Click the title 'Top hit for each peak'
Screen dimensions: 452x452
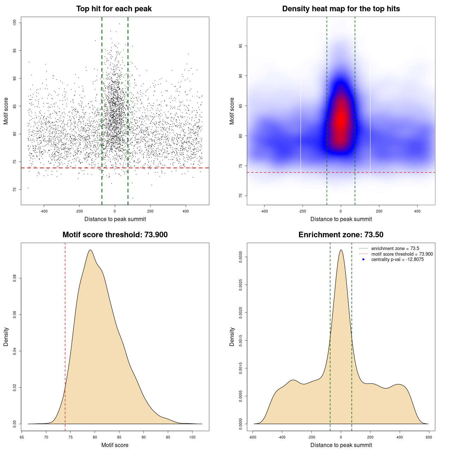point(114,9)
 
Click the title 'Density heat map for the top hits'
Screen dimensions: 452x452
point(341,9)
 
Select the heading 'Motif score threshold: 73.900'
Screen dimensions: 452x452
point(115,235)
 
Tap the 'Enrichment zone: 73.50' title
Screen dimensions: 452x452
point(341,235)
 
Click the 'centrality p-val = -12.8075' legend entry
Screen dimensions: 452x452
point(397,260)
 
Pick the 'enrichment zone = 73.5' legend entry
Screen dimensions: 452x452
point(395,249)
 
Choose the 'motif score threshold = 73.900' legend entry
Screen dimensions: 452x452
point(402,254)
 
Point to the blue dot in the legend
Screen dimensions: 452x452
point(363,260)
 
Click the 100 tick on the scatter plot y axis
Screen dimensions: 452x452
point(15,23)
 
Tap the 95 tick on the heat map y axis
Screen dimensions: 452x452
point(241,46)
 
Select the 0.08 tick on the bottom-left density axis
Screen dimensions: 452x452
point(15,278)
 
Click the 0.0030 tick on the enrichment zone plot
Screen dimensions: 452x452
point(241,257)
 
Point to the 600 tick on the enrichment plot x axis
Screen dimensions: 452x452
point(429,437)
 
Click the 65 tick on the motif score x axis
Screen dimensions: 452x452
point(22,437)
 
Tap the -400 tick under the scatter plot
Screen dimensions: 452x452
point(44,211)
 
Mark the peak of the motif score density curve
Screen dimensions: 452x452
point(90,250)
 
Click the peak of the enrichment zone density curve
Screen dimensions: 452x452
point(341,250)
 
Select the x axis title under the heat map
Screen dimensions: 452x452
point(341,219)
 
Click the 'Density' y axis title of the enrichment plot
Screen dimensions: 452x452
point(232,337)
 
